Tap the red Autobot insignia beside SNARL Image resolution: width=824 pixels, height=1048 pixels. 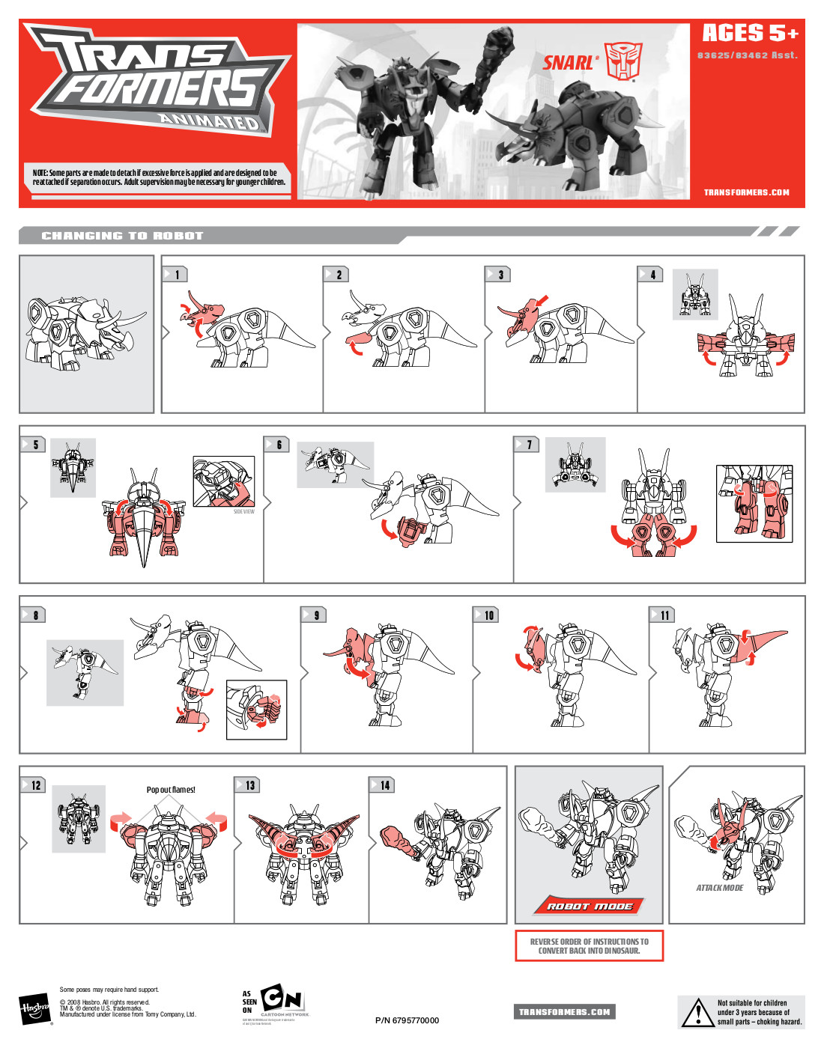(623, 61)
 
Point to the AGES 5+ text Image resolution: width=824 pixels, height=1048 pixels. (750, 34)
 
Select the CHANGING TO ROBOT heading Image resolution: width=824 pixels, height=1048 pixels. (122, 236)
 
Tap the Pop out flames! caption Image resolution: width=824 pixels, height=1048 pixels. (171, 790)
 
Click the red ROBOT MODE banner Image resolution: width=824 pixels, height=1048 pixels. (589, 906)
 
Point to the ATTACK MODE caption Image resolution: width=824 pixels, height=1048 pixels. (719, 888)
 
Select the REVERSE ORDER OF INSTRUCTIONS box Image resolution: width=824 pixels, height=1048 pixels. (589, 946)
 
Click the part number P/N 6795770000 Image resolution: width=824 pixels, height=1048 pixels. (407, 1020)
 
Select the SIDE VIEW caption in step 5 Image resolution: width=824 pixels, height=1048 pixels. (243, 512)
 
